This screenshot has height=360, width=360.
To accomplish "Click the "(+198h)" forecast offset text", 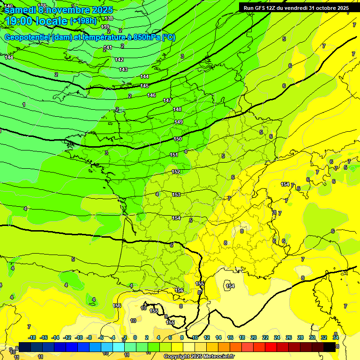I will pyautogui.click(x=83, y=21).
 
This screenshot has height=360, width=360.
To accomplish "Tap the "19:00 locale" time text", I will pyautogui.click(x=36, y=21).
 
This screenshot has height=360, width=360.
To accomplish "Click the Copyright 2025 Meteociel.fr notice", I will pyautogui.click(x=199, y=357).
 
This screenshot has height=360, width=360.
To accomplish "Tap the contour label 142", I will pyautogui.click(x=119, y=60).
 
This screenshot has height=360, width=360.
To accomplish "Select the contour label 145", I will pyautogui.click(x=144, y=86).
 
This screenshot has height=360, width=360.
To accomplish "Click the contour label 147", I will pyautogui.click(x=167, y=101).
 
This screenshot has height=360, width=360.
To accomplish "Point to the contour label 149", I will pyautogui.click(x=179, y=122).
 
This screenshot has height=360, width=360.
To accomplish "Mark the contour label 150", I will pyautogui.click(x=178, y=139).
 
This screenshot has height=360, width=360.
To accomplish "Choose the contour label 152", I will pyautogui.click(x=176, y=172).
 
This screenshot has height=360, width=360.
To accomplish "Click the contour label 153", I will pyautogui.click(x=176, y=195).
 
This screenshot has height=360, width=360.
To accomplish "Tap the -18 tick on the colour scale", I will pyautogui.click(x=32, y=337).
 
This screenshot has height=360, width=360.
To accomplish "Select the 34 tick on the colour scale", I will pyautogui.click(x=336, y=337).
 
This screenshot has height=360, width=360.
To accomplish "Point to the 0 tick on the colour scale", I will pyautogui.click(x=135, y=337).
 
